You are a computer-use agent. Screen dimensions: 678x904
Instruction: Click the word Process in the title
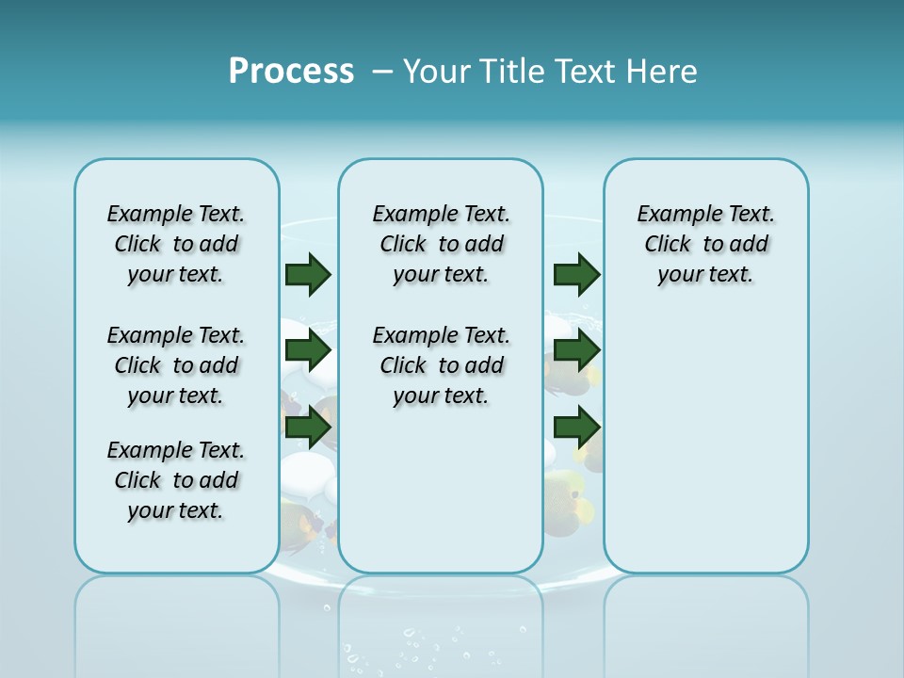pyautogui.click(x=291, y=71)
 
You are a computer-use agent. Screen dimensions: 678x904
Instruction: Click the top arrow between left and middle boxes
pyautogui.click(x=308, y=274)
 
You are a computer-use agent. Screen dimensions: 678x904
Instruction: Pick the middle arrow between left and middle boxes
pyautogui.click(x=308, y=350)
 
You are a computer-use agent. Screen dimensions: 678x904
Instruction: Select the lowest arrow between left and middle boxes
pyautogui.click(x=308, y=428)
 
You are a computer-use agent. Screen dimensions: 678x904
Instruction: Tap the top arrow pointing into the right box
pyautogui.click(x=576, y=274)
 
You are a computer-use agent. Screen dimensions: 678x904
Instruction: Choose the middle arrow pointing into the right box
pyautogui.click(x=576, y=350)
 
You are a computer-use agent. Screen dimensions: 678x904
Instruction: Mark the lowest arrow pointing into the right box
pyautogui.click(x=576, y=428)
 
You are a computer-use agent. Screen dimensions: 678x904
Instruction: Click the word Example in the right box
pyautogui.click(x=672, y=215)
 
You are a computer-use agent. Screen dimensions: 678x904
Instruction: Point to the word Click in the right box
pyautogui.click(x=668, y=245)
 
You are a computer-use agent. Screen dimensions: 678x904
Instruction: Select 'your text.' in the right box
pyautogui.click(x=705, y=275)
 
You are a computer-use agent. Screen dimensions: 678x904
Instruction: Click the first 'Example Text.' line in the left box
pyautogui.click(x=176, y=215)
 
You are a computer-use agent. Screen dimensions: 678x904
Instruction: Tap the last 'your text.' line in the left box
pyautogui.click(x=176, y=511)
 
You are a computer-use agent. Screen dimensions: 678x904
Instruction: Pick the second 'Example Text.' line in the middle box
pyautogui.click(x=441, y=336)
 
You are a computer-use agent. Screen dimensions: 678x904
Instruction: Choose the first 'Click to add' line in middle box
pyautogui.click(x=441, y=245)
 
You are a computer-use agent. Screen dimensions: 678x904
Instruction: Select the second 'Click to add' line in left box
pyautogui.click(x=176, y=366)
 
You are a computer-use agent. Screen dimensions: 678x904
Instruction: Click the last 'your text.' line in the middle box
pyautogui.click(x=441, y=396)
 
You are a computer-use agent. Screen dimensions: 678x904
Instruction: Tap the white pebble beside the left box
pyautogui.click(x=303, y=471)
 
